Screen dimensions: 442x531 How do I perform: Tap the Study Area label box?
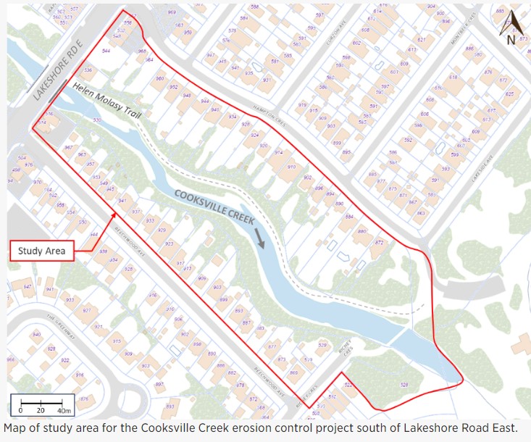click(x=42, y=251)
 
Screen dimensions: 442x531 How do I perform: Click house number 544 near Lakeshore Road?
click(x=106, y=51)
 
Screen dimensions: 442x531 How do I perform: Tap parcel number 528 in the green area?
click(x=404, y=385)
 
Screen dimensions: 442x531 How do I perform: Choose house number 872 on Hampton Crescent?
click(x=378, y=243)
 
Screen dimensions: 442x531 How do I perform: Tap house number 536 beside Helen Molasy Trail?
click(x=88, y=70)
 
